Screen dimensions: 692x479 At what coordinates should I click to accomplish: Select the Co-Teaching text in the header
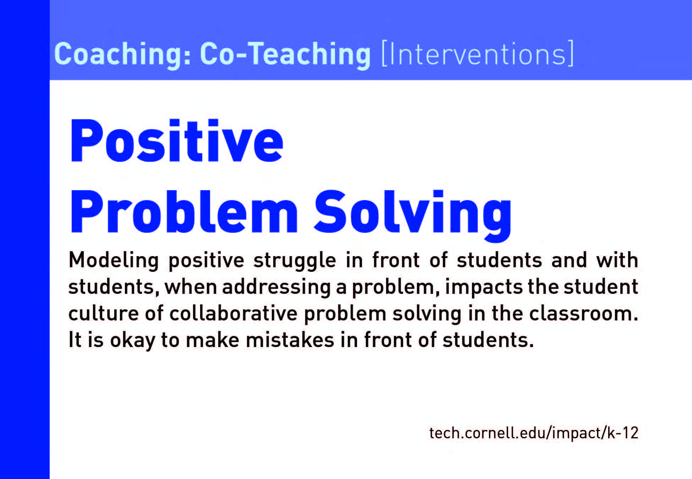[285, 54]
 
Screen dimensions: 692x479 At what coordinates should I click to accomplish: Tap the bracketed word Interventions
[477, 54]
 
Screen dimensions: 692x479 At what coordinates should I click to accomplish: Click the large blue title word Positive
[177, 141]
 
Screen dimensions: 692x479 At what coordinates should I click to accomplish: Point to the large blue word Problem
[184, 212]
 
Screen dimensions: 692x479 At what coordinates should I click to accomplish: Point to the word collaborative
[234, 314]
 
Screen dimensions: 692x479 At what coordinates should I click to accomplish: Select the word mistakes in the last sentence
[290, 340]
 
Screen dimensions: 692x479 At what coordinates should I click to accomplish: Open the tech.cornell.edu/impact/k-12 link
[534, 433]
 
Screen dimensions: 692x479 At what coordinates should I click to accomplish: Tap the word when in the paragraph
[191, 287]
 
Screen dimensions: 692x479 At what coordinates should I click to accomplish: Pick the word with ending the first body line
[617, 260]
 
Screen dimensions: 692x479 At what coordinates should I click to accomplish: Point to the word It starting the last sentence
[75, 340]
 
